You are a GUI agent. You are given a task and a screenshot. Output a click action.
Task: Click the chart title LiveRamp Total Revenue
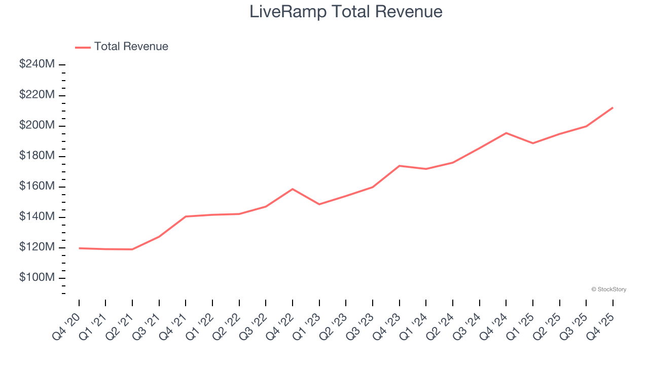point(346,11)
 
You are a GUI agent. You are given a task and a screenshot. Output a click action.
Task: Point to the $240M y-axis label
point(37,64)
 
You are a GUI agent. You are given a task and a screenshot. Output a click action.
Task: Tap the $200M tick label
point(37,125)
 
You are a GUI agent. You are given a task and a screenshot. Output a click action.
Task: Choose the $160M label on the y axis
point(37,186)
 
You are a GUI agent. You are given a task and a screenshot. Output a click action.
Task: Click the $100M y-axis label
point(37,278)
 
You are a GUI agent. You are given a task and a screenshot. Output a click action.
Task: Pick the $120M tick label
point(37,247)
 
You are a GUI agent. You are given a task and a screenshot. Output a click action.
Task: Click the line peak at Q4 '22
point(293,189)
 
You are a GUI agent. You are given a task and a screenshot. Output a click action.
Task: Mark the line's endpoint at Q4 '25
point(612,107)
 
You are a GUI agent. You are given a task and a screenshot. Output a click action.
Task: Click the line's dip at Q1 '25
point(533,143)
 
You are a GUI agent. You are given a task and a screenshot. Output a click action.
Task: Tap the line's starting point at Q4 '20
point(79,248)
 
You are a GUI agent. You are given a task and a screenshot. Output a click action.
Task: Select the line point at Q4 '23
point(400,166)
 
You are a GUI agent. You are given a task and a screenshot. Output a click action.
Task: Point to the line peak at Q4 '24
point(506,133)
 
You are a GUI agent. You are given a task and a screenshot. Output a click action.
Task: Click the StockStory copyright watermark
point(608,289)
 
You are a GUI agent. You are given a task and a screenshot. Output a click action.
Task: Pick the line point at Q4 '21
point(186,216)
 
